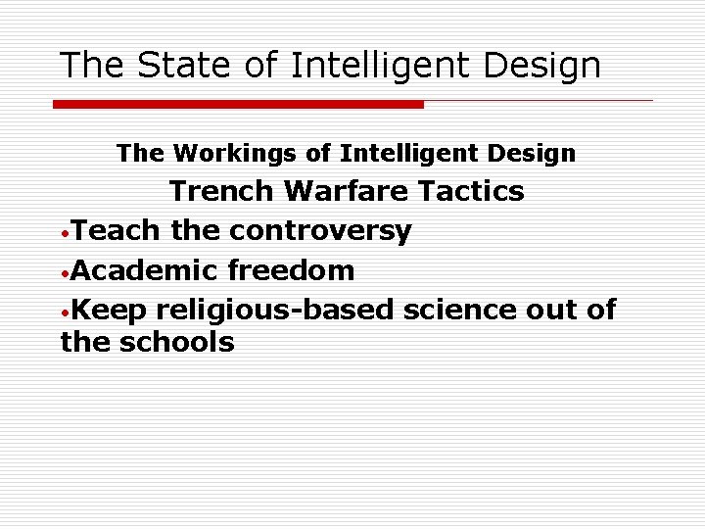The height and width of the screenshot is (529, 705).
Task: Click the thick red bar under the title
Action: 238,103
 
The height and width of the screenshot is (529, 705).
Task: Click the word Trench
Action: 224,191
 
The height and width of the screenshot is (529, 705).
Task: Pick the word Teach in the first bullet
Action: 117,230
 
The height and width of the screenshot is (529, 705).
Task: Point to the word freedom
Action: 289,269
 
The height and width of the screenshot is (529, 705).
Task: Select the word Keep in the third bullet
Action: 109,310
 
